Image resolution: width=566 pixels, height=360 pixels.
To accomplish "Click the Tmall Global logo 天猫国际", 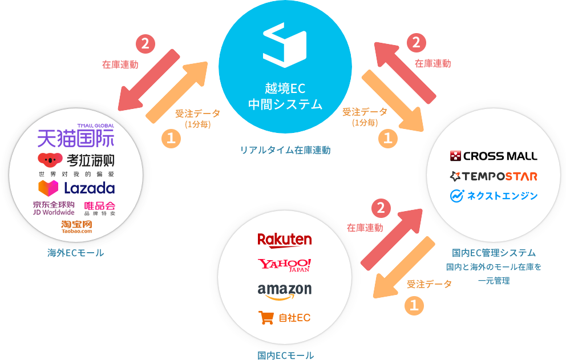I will coord(76,137).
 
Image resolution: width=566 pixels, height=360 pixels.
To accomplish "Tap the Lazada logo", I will coord(76,188).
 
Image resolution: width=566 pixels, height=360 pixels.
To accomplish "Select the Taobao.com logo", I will coord(76,226).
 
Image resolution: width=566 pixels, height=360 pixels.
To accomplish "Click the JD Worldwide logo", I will coord(54,208).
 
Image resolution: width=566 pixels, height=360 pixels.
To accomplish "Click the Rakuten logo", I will coord(285,239).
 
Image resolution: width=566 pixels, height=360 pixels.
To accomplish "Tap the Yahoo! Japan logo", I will coord(285,265).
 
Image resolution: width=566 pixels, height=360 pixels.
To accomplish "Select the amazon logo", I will coord(285,290).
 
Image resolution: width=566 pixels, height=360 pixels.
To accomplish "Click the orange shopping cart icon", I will coord(266,317).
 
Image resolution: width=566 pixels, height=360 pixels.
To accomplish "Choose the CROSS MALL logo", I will coord(494,156).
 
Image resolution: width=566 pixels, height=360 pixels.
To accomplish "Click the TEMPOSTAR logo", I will coord(494,176).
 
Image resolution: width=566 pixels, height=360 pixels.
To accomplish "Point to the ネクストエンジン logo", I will coord(494,196).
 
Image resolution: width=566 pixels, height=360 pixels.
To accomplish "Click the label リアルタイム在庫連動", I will coord(285,150).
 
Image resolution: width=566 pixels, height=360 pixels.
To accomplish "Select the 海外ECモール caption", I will coord(76,253).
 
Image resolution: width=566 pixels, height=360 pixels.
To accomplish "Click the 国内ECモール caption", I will coord(285,355).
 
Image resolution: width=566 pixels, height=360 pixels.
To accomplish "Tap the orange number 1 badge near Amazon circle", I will coord(414,306).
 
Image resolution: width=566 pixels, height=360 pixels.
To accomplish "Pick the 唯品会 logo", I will coord(100,208).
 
